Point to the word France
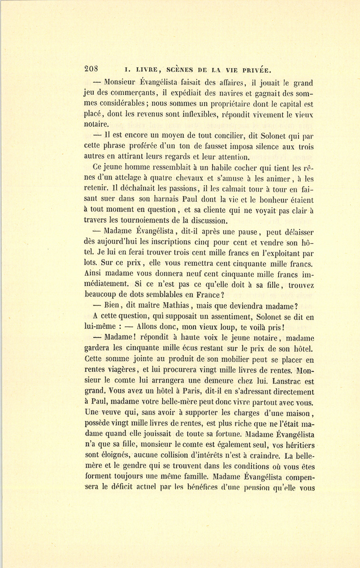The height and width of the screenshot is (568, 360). (200, 295)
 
